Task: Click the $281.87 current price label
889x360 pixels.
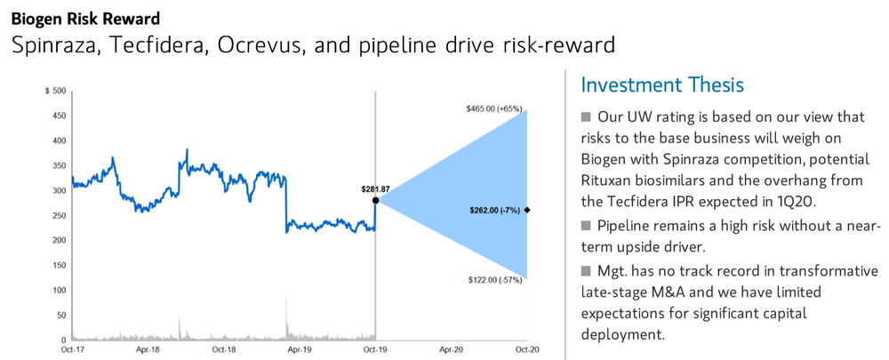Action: coord(376,189)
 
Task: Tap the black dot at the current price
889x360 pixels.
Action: coord(375,200)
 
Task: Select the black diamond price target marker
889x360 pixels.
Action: coord(527,210)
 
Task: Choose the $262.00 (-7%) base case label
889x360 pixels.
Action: coord(495,210)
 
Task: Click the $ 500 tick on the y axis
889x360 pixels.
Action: coord(55,91)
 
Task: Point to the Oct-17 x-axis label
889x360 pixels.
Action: coord(72,349)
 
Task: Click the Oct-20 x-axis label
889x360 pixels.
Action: coord(527,349)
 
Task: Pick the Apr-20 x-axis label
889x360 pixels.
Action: coord(452,349)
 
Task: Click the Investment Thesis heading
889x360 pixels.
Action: coord(662,85)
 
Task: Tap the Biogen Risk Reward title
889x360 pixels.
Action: coord(85,19)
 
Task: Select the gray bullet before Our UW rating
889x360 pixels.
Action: coord(586,117)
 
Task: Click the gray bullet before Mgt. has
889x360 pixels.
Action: coord(586,269)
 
